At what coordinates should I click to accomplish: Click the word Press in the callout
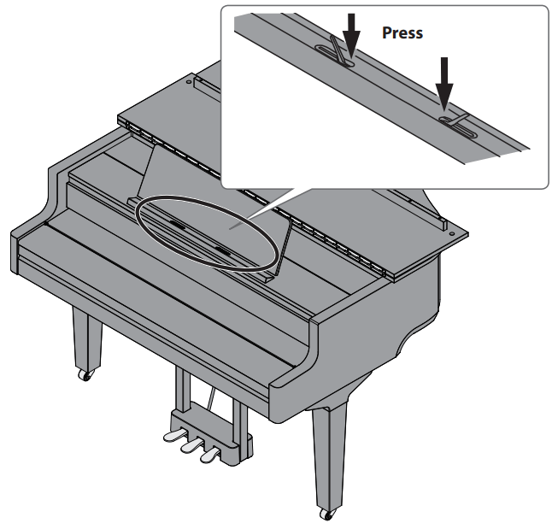point(402,33)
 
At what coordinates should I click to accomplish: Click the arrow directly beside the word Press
point(349,33)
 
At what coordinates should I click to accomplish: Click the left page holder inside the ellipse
point(177,225)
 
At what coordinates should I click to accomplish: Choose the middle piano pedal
point(189,445)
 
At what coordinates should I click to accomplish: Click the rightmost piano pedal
point(208,456)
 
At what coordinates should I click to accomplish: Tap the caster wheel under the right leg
point(326,513)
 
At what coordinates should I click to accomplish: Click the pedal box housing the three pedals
point(201,427)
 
